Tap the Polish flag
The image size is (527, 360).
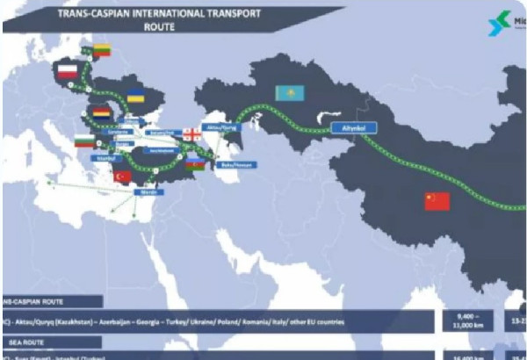(68, 71)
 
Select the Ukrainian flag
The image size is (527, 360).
(136, 95)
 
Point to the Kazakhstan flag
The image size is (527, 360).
(285, 92)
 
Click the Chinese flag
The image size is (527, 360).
(437, 201)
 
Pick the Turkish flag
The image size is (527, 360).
(123, 176)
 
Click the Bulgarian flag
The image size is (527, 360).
(84, 140)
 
